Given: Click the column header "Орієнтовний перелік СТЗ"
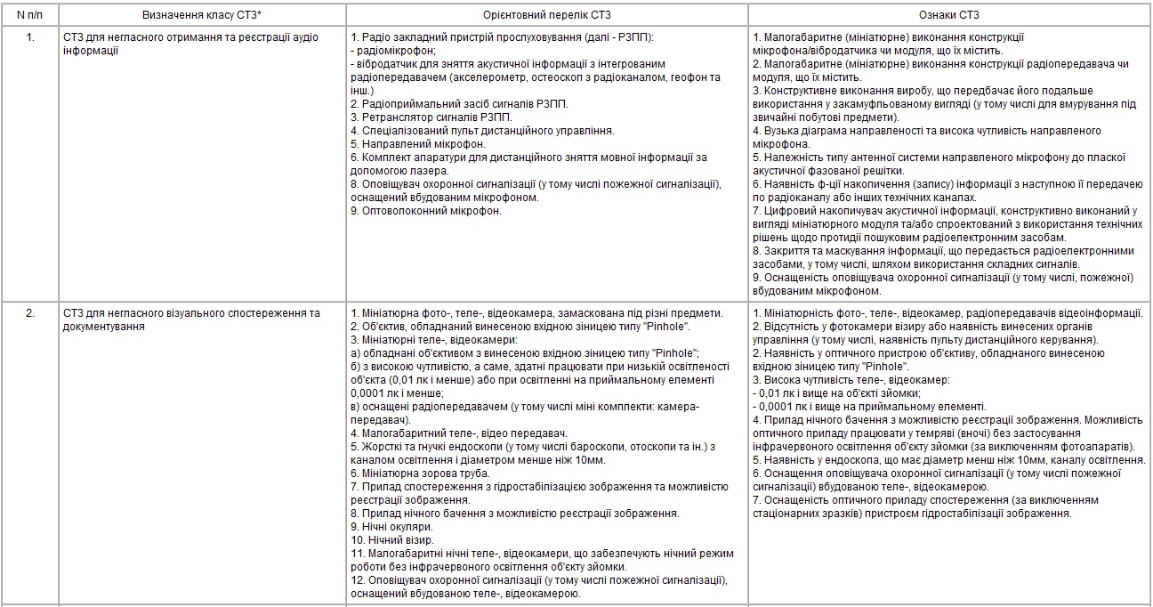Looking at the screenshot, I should tap(547, 15).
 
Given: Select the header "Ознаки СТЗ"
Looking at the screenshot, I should tap(949, 15).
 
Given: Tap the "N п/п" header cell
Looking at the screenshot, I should tap(31, 15).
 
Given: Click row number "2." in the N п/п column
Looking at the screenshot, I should tap(30, 313).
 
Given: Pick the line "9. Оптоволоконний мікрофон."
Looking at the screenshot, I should tap(426, 211).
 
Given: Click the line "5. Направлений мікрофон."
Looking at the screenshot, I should tap(418, 143).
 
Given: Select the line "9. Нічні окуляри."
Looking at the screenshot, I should tap(392, 527).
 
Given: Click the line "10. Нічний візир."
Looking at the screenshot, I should tap(391, 540).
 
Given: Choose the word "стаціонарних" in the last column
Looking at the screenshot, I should tap(788, 514).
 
